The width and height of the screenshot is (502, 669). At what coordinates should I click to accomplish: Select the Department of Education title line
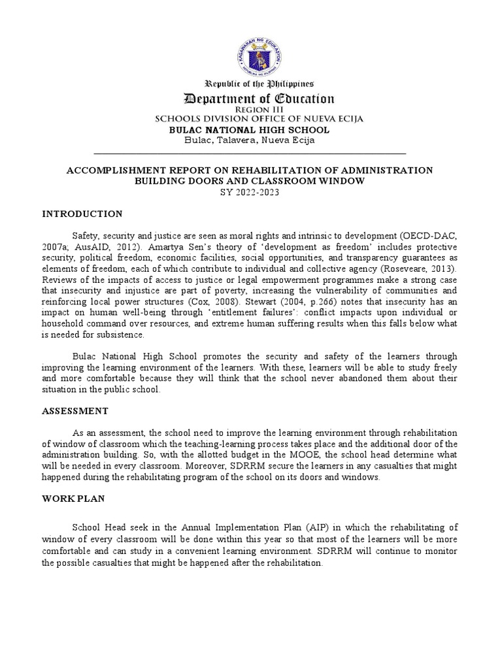point(259,99)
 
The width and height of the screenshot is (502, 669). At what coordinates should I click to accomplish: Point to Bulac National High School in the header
point(250,129)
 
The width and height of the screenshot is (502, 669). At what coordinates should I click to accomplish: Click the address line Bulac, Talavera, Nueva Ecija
point(250,140)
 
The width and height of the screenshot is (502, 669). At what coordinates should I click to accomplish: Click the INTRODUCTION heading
point(82,214)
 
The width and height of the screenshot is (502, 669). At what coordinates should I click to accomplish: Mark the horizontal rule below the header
point(250,154)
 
